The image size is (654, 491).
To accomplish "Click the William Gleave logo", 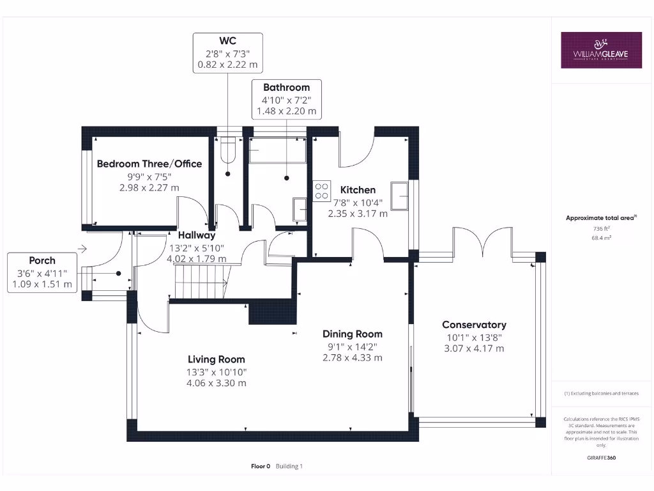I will [601, 50].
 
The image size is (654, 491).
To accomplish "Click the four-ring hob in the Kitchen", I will [322, 191].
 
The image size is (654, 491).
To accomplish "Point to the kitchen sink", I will [400, 196].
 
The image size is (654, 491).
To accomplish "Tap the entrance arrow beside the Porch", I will [82, 248].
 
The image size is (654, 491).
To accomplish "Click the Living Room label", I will [216, 359].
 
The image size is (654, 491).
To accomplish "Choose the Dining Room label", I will [352, 334].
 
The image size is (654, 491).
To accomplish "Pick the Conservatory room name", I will [474, 325].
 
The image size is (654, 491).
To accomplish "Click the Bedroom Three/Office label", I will [149, 164].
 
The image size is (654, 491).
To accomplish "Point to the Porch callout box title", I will [42, 260].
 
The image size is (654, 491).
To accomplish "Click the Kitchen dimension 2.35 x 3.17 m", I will [357, 214].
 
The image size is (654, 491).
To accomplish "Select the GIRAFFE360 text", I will [600, 458].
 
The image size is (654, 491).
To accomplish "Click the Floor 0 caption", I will [261, 466].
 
